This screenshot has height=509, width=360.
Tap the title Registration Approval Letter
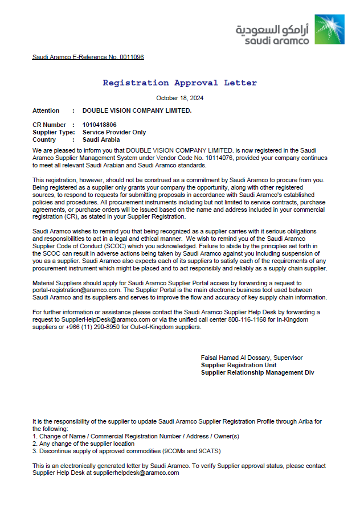179,83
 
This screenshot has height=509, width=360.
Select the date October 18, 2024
179,98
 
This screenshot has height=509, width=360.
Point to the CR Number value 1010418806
99,125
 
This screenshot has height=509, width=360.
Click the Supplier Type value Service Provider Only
114,132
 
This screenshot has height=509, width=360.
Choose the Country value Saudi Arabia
101,139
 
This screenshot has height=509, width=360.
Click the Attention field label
46,110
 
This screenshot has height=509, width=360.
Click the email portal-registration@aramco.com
76,290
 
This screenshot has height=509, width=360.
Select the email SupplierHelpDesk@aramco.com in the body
94,319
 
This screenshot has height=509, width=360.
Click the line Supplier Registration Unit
239,365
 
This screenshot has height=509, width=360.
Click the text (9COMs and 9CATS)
192,451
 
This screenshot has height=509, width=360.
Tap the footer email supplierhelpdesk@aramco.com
130,473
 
